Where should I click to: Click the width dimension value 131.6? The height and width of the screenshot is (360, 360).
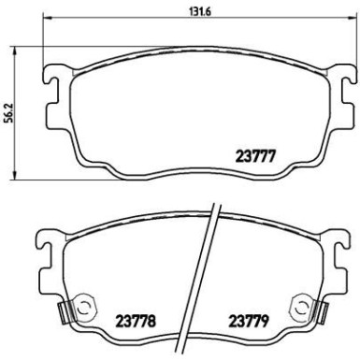190,13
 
